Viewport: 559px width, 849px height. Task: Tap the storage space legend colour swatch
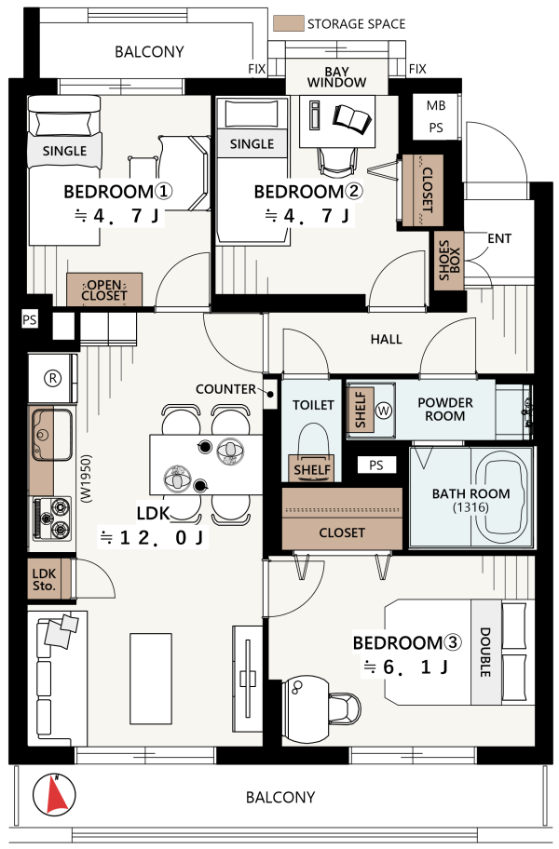pyautogui.click(x=288, y=23)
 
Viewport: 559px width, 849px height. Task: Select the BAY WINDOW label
pyautogui.click(x=337, y=77)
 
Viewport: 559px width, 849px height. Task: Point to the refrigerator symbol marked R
pyautogui.click(x=52, y=378)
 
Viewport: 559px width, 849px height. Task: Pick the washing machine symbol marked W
pyautogui.click(x=384, y=411)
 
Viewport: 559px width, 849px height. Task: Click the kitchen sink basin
pyautogui.click(x=52, y=434)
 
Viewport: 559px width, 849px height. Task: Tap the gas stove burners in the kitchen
pyautogui.click(x=52, y=519)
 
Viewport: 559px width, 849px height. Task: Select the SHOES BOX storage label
pyautogui.click(x=449, y=261)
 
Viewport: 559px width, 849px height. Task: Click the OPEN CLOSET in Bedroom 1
pyautogui.click(x=104, y=290)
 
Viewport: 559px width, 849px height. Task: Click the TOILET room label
pyautogui.click(x=313, y=405)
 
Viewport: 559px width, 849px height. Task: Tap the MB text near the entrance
pyautogui.click(x=436, y=105)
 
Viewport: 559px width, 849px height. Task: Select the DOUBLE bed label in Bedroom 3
pyautogui.click(x=485, y=652)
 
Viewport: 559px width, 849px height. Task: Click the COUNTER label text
pyautogui.click(x=225, y=389)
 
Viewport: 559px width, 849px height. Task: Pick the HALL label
pyautogui.click(x=387, y=340)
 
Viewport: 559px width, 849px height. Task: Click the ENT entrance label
pyautogui.click(x=499, y=238)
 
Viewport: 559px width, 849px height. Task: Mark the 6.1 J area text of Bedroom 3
pyautogui.click(x=405, y=667)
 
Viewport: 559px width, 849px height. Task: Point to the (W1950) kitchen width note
pyautogui.click(x=87, y=478)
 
